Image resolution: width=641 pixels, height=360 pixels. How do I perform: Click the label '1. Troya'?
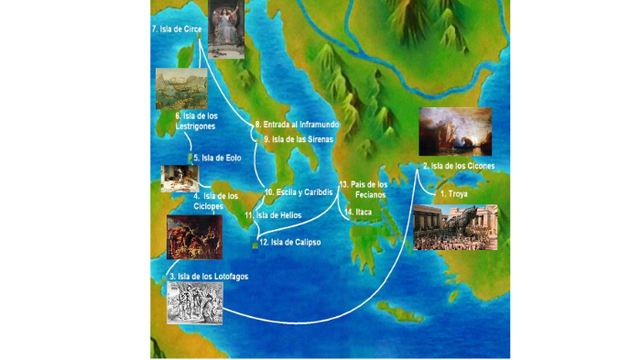pos(454,194)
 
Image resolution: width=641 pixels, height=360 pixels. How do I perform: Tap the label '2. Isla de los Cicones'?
pos(458,166)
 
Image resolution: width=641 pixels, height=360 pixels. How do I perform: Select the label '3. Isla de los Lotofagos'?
pos(208,276)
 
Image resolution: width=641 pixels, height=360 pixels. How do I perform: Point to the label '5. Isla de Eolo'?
pos(216,158)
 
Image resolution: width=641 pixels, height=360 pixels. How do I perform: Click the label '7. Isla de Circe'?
pos(176,29)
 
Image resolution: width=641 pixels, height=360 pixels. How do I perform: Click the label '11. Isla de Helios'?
pos(273,215)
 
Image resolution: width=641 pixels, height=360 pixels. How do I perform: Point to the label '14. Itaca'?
pos(357,212)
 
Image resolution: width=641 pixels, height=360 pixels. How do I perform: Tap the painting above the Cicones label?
pos(456,131)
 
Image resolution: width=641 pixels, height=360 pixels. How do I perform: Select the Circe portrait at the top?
pos(226,29)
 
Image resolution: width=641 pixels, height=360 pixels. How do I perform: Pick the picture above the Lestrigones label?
pos(180,89)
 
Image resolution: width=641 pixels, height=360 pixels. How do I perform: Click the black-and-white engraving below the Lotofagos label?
pos(194,302)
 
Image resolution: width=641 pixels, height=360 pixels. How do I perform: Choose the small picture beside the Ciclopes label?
pos(179,177)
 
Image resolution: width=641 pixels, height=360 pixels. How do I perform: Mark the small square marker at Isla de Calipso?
pos(255,244)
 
